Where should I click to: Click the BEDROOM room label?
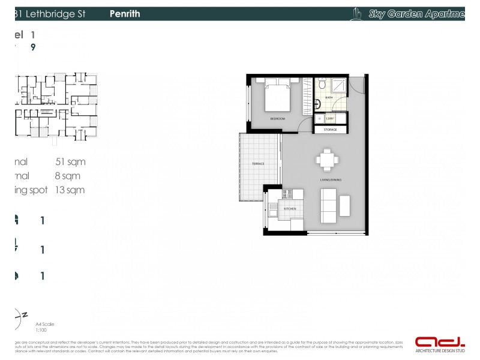click(x=277, y=119)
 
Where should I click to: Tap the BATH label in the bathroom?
click(x=329, y=97)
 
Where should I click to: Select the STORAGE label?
click(x=330, y=130)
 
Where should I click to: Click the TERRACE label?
click(x=259, y=164)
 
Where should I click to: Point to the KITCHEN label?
click(x=290, y=208)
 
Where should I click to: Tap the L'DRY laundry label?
click(x=331, y=119)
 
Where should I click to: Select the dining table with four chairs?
click(x=327, y=160)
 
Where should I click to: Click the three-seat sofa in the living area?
click(x=329, y=205)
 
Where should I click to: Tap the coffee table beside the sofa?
click(x=345, y=205)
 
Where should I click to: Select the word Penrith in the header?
click(x=125, y=14)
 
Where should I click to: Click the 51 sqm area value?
click(x=70, y=161)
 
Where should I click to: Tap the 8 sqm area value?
click(x=67, y=176)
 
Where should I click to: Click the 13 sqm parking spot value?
click(x=70, y=190)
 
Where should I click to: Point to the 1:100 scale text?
click(x=41, y=330)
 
